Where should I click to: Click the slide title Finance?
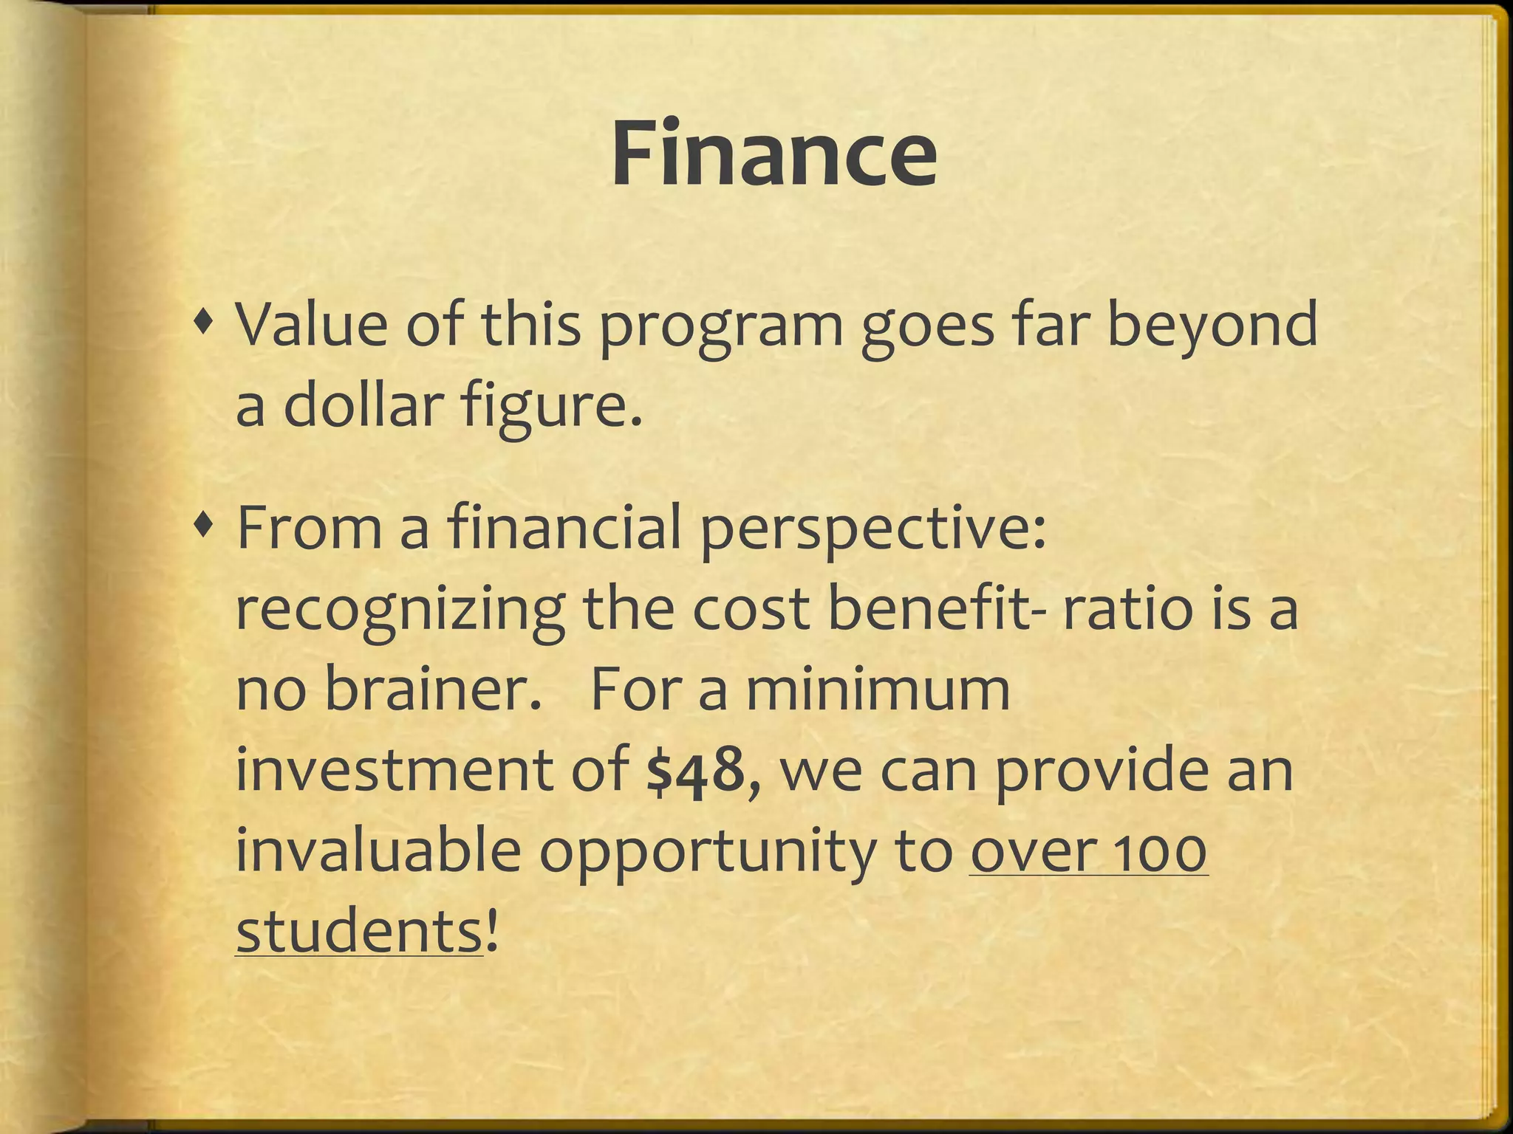coord(773,155)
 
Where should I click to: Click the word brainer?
coord(428,690)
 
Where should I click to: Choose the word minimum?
coord(877,690)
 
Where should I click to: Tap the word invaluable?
coord(378,850)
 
